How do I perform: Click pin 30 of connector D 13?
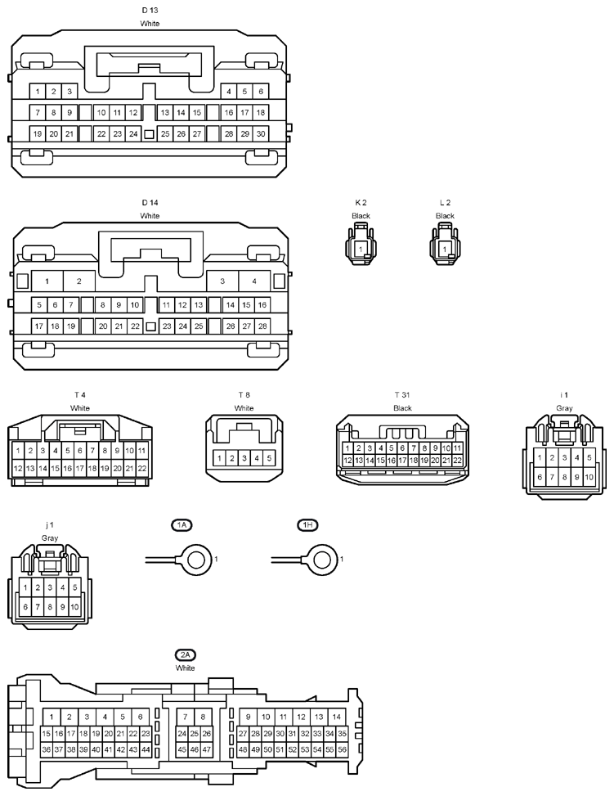[x=261, y=134]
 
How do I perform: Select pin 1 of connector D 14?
[x=47, y=281]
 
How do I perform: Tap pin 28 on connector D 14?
[x=262, y=326]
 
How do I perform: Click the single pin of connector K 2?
[x=361, y=250]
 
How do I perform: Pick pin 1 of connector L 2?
[x=445, y=250]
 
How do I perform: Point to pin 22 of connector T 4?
[x=142, y=469]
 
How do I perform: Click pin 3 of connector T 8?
[x=244, y=458]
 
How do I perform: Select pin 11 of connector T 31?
[x=457, y=448]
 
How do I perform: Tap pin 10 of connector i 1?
[x=589, y=477]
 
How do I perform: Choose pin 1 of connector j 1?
[x=25, y=587]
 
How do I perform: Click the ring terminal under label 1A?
[x=196, y=560]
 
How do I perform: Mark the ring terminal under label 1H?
[x=321, y=560]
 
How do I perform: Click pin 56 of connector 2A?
[x=342, y=749]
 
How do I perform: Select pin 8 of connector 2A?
[x=203, y=717]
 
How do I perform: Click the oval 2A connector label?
[x=186, y=654]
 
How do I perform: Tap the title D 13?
[x=150, y=10]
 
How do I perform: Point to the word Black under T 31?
[x=402, y=408]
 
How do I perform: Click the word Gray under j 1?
[x=50, y=538]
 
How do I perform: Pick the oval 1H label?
[x=307, y=525]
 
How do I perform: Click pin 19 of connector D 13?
[x=38, y=134]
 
